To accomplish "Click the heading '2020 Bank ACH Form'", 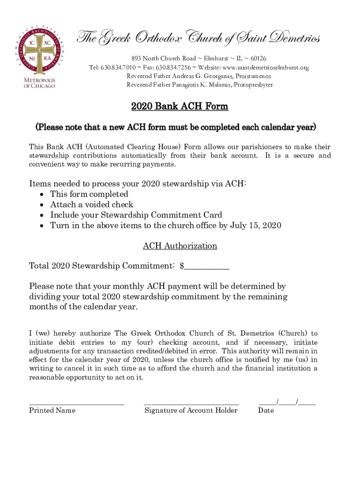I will (180, 107).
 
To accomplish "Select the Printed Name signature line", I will (76, 402).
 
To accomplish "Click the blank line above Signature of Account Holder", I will (191, 402).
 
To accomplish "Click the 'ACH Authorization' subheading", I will (180, 246).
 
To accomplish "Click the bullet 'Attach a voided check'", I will (92, 205).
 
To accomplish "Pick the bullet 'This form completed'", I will (89, 194).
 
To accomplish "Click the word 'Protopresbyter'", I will (253, 85).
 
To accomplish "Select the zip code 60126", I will (257, 58).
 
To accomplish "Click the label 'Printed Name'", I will (52, 411).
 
